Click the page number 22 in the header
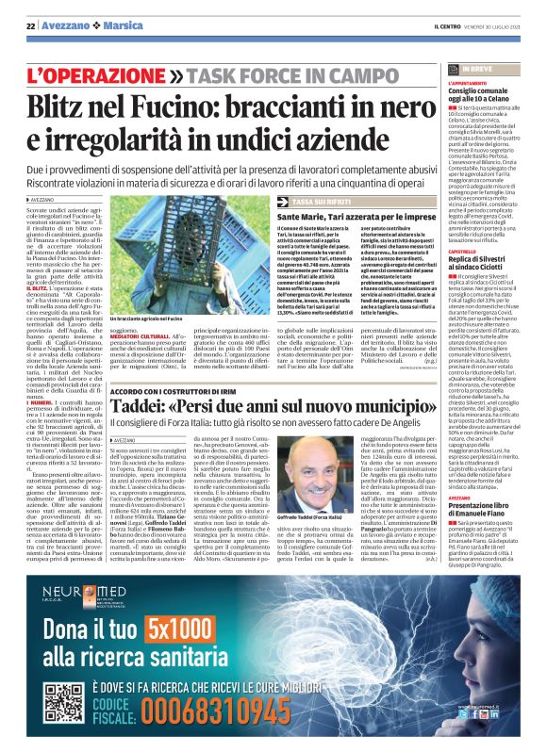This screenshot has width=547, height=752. (x=30, y=25)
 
